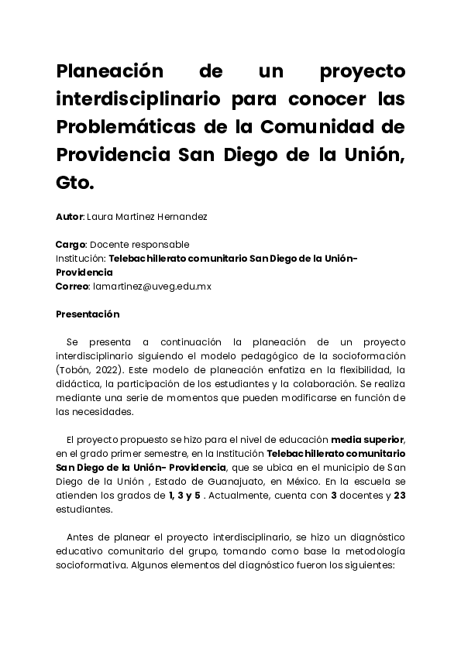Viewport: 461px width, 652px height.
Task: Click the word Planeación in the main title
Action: coord(109,71)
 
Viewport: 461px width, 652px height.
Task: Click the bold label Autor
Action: coord(69,218)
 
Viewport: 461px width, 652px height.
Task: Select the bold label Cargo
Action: coord(70,244)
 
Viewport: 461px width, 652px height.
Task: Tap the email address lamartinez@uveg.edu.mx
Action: coord(152,286)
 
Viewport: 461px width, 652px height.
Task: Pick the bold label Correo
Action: coord(72,286)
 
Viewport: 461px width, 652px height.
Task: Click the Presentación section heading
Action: coord(88,314)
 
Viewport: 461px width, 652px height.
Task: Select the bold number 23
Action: coord(400,496)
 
